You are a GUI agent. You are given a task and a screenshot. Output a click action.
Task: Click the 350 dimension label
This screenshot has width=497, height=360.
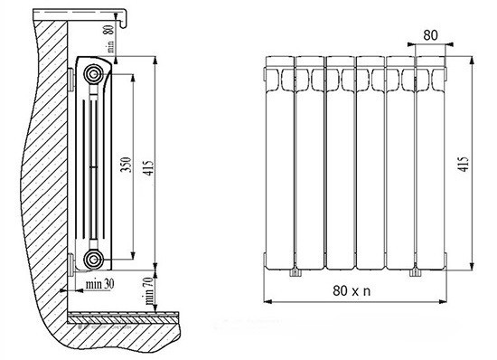click(x=127, y=165)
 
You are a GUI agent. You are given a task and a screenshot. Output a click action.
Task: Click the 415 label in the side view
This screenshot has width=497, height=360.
click(x=147, y=168)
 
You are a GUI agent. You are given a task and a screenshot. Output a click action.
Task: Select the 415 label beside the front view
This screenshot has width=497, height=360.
click(x=463, y=164)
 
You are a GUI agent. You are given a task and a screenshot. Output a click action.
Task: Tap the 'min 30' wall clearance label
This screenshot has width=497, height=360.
click(x=99, y=284)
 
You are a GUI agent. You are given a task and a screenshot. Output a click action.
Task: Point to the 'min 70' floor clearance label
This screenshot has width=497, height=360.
click(x=149, y=290)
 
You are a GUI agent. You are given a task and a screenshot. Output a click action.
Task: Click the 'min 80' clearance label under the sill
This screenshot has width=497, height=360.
click(x=109, y=39)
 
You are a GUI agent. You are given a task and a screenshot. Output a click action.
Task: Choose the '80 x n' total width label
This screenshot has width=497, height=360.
click(x=352, y=290)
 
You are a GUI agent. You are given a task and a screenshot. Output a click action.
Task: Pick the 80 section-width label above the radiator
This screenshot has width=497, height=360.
click(x=430, y=35)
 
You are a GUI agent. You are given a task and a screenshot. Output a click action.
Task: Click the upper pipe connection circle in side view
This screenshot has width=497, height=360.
click(x=93, y=74)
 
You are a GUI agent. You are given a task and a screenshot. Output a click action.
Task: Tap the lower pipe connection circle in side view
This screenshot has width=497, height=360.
click(x=93, y=260)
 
